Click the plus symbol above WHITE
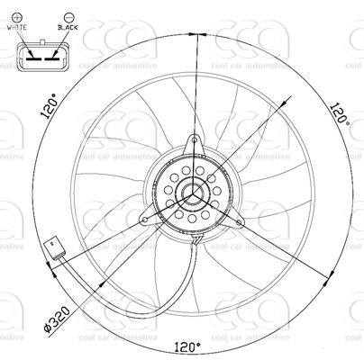[x=17, y=15]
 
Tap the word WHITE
[x=17, y=28]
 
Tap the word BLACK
[x=67, y=28]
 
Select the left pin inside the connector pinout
[x=31, y=57]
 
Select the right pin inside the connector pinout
[x=54, y=57]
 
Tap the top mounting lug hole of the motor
[x=193, y=140]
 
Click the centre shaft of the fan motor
[x=193, y=192]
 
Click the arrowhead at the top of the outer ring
[x=194, y=36]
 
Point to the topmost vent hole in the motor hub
[x=193, y=163]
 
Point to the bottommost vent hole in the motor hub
[x=193, y=221]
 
